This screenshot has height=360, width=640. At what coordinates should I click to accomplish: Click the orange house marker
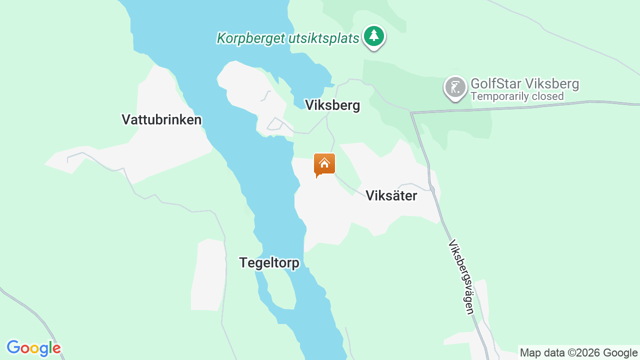point(324,164)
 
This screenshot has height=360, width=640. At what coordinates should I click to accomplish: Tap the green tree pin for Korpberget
point(373,36)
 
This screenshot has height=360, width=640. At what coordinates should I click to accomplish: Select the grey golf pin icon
point(455,87)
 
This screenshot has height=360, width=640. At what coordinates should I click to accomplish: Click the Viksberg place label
point(332,105)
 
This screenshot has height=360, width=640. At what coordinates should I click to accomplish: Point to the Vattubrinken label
point(161,120)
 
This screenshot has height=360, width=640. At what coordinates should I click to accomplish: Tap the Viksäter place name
point(391,196)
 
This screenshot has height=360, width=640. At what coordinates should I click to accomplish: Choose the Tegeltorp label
point(269,263)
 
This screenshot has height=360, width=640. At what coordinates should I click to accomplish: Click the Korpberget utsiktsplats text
point(288,38)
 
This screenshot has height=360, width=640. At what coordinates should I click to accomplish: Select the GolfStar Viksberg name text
point(524,83)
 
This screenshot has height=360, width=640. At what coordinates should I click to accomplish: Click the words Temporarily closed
point(517,96)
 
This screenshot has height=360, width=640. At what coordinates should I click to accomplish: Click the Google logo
point(33,348)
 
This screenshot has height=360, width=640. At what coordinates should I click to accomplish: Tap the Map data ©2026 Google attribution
point(578,353)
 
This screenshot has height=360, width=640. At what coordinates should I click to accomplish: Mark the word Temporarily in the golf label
point(502,96)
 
